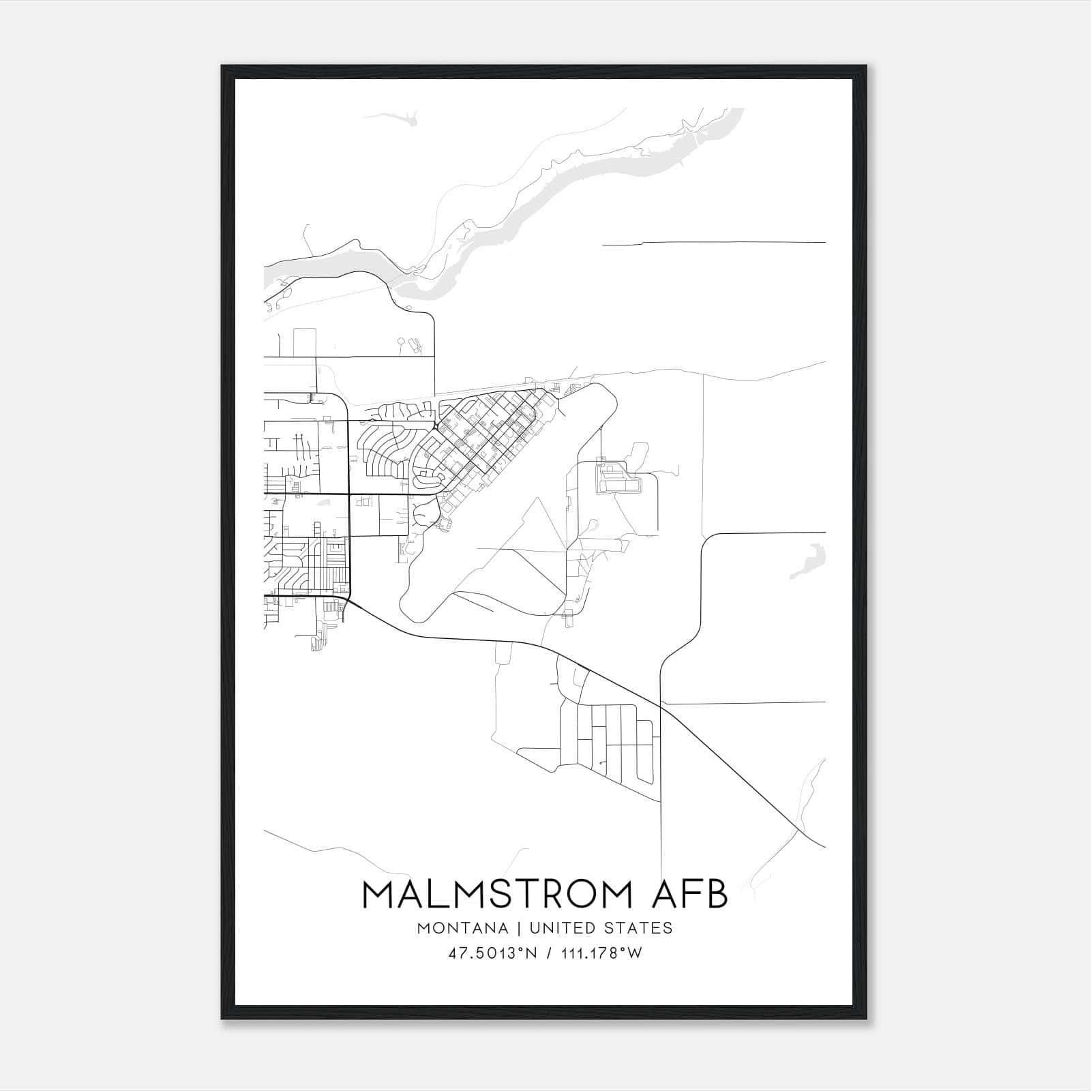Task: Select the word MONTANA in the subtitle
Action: pos(463,928)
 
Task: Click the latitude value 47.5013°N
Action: pos(492,953)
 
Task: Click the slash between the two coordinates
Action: pos(548,953)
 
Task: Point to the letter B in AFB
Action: pos(715,895)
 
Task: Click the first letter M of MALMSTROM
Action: pos(378,895)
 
